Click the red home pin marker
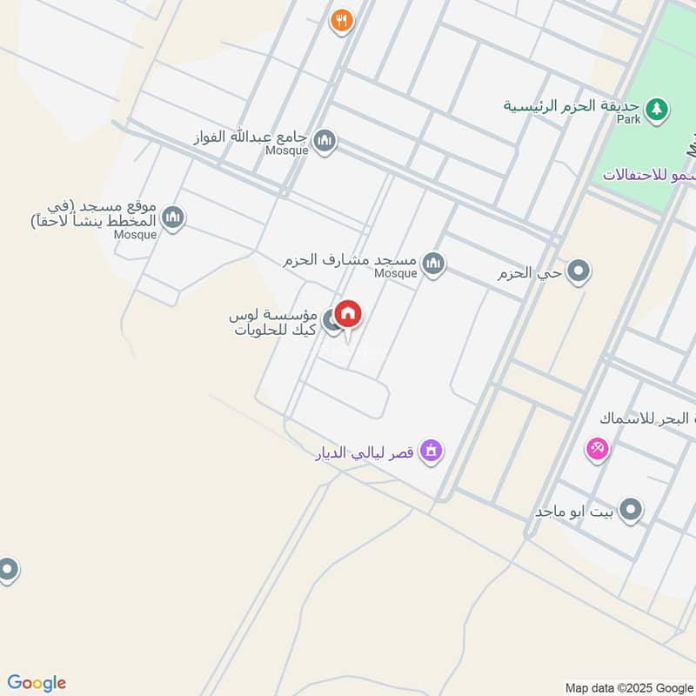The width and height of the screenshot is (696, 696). (x=348, y=314)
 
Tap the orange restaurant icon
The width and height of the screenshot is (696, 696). (x=342, y=21)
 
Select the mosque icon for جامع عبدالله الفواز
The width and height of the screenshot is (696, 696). (x=325, y=141)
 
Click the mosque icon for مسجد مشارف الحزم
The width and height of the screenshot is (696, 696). (x=433, y=263)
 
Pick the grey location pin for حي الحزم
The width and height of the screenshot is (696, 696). (x=579, y=273)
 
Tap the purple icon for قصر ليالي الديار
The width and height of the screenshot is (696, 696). (x=431, y=452)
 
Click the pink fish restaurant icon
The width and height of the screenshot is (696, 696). (x=597, y=449)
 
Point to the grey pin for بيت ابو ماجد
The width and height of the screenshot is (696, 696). (x=630, y=511)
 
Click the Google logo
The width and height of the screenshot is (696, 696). (x=37, y=682)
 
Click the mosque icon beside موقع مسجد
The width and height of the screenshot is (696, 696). (x=173, y=217)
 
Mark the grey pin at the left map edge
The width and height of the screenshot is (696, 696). (x=8, y=571)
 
